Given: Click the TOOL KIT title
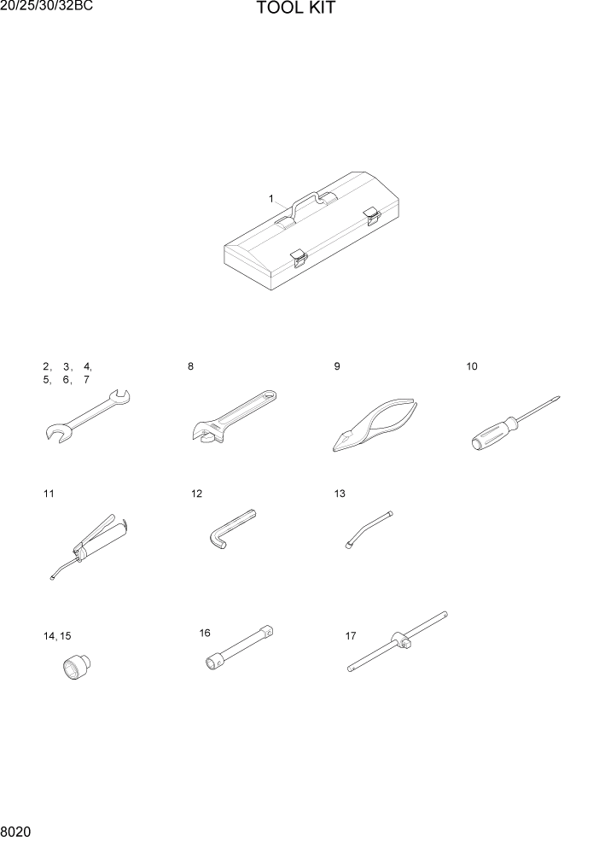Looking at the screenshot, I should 296,9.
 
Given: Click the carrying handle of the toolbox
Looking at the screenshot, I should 304,202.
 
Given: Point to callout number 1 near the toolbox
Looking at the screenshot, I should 271,199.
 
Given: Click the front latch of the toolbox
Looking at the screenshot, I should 298,257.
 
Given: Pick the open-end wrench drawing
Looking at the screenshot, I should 84,416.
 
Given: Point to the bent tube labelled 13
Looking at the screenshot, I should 368,528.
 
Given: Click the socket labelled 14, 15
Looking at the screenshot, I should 78,666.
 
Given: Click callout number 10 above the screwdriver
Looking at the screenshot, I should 472,367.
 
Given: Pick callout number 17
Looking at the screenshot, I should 351,636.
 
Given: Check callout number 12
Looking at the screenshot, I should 197,494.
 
